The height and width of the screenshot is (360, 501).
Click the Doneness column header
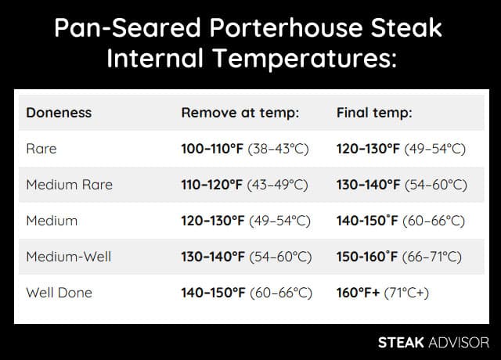click(x=59, y=113)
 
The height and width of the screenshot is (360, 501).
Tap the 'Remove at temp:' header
click(x=240, y=113)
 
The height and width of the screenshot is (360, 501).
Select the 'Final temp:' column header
click(x=374, y=113)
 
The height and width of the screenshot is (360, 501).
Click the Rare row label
click(x=41, y=149)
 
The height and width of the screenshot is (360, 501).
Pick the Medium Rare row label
click(x=70, y=185)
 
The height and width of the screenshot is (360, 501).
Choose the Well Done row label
click(x=59, y=293)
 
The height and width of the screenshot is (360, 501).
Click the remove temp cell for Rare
click(x=246, y=149)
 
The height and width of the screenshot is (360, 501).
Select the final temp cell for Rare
click(x=401, y=149)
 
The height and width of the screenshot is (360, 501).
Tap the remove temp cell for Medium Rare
click(x=246, y=185)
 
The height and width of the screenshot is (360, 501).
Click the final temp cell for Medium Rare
click(x=401, y=185)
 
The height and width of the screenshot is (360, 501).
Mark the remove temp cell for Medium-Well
click(x=246, y=257)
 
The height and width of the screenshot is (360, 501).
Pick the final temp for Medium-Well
click(x=398, y=257)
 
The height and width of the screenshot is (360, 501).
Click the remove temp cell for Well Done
click(x=246, y=293)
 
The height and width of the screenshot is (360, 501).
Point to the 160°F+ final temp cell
click(x=381, y=293)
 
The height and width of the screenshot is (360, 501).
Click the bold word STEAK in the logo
click(x=402, y=343)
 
